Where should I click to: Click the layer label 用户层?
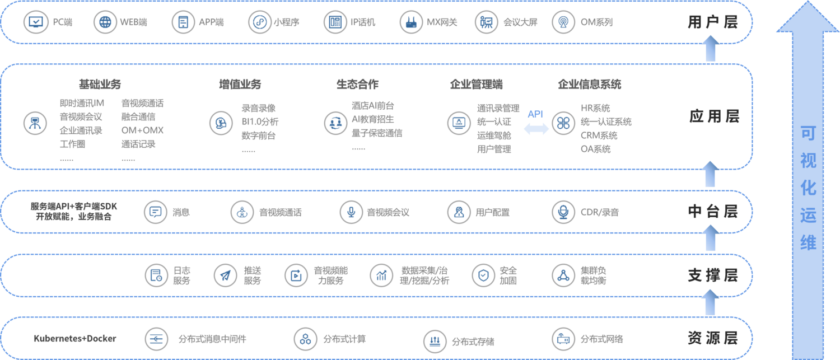tap(713, 22)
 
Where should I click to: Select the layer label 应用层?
tap(714, 116)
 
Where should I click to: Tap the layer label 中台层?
tap(713, 212)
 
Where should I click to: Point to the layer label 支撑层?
tap(713, 275)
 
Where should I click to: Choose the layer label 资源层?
tap(713, 338)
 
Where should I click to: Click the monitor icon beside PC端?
tap(35, 22)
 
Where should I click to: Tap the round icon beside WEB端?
tap(105, 22)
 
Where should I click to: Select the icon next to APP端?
tap(183, 22)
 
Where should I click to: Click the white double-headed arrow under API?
tap(536, 129)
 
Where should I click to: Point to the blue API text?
tap(535, 114)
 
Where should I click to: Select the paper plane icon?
tap(225, 275)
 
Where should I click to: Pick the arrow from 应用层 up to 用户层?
tap(710, 48)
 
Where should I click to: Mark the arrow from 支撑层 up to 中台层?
tap(710, 239)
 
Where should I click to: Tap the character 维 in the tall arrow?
tap(808, 242)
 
